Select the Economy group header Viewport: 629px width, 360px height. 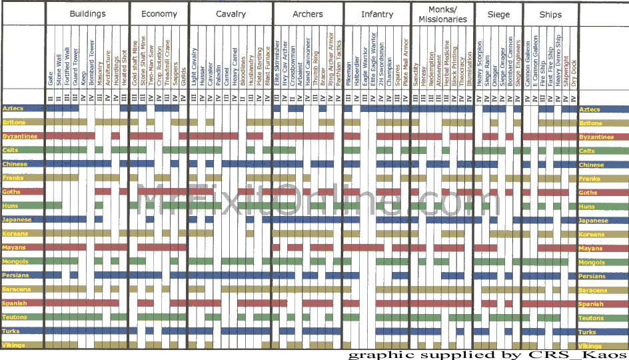[159, 14]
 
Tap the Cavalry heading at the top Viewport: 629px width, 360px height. [231, 14]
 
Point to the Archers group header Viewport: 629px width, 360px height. [308, 14]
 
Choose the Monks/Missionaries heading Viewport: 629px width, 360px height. [442, 16]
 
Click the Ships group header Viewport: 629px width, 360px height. [551, 14]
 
